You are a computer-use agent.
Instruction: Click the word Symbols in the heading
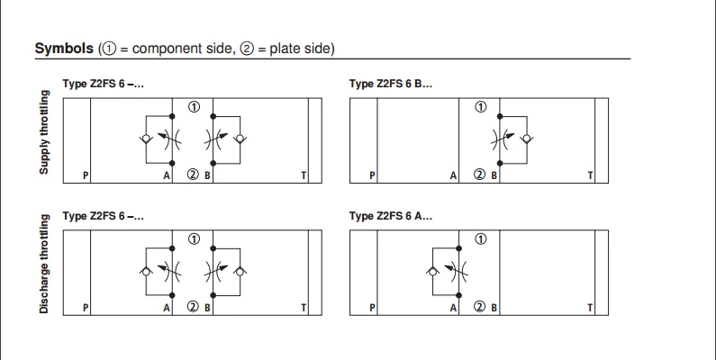(65, 49)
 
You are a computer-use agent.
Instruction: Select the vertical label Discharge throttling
(43, 271)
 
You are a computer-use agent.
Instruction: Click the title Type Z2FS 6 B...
(390, 84)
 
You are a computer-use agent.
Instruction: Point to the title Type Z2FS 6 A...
(390, 216)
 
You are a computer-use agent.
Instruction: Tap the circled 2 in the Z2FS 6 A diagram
(480, 307)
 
